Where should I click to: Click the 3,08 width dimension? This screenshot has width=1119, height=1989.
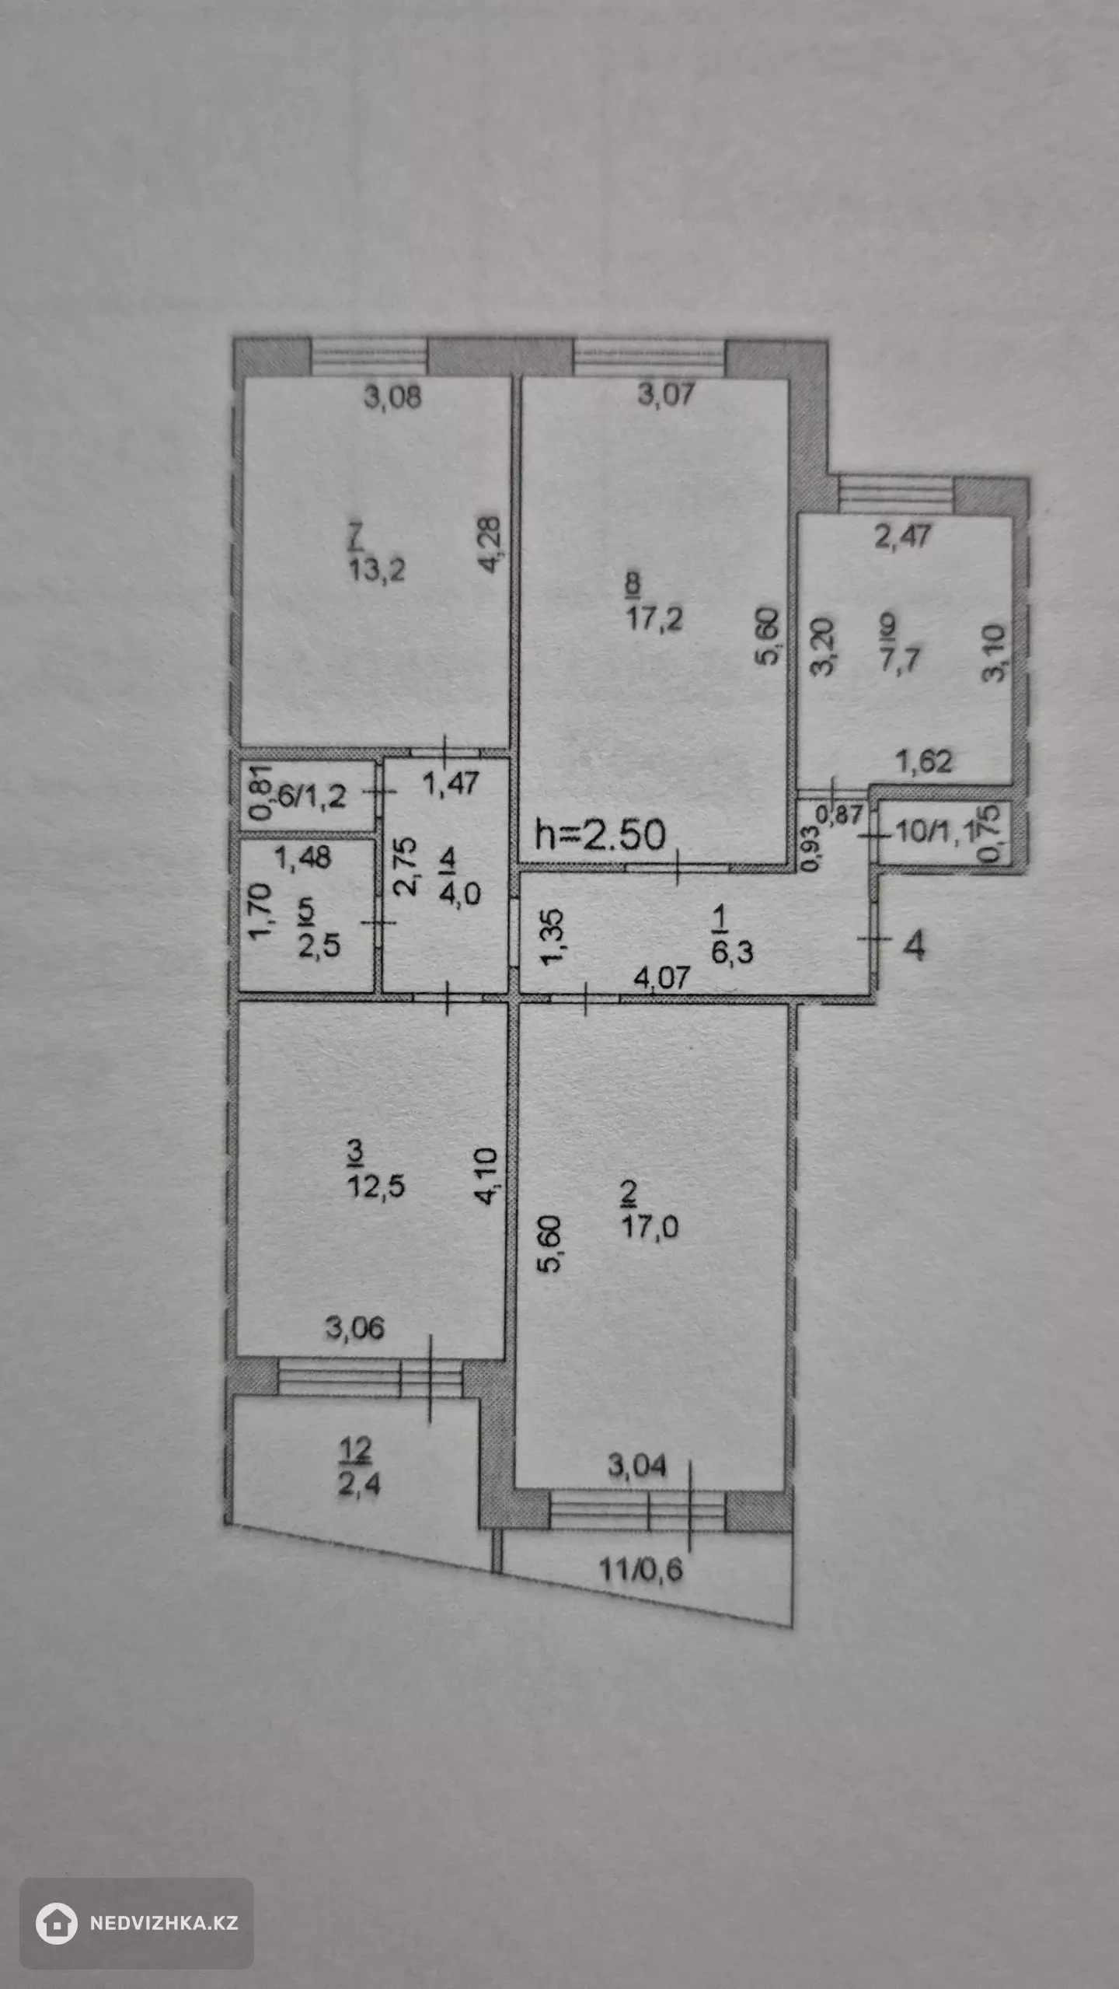coord(392,397)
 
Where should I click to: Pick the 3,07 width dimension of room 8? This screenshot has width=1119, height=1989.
coord(665,395)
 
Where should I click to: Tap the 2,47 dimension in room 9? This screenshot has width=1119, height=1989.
coord(902,537)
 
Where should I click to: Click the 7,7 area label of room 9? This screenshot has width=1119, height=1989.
coord(900,659)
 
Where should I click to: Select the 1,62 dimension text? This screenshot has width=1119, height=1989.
coord(924,761)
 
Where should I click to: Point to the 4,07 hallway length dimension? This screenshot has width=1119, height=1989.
coord(661,977)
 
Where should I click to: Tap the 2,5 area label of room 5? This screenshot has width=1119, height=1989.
coord(319,946)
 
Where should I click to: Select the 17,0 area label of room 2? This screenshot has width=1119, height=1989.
coord(650,1227)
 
